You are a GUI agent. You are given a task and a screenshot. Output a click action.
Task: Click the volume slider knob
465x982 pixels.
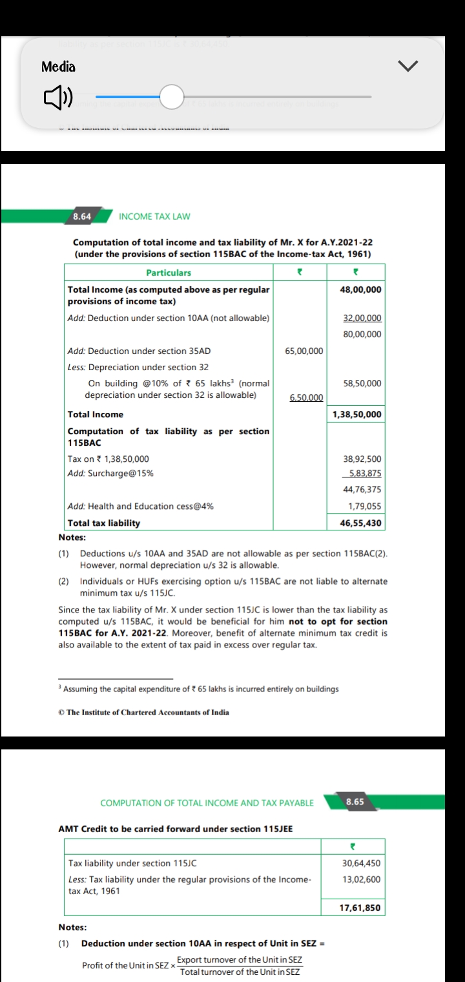pos(171,98)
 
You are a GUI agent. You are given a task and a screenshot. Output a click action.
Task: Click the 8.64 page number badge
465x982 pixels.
pos(82,216)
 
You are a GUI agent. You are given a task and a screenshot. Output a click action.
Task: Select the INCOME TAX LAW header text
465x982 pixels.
pos(155,216)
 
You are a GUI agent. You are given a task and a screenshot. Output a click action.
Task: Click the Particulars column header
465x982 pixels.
pos(169,273)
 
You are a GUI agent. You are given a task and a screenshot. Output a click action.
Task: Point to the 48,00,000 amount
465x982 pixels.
pos(360,289)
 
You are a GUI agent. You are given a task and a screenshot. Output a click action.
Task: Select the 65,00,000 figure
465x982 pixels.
pos(304,351)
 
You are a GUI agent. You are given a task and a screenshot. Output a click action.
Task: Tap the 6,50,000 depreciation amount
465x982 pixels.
pos(305,397)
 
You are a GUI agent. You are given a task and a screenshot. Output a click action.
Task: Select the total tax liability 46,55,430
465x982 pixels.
pos(360,523)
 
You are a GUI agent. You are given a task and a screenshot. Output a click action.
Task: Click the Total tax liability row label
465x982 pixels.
pos(104,523)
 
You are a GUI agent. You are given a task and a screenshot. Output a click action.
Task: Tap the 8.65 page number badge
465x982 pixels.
pos(355,802)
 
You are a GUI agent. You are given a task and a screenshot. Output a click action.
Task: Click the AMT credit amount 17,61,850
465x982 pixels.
pos(360,908)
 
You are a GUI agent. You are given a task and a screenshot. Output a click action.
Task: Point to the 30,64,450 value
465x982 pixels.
pos(361,863)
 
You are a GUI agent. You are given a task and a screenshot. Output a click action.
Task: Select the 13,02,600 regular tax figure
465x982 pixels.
pos(361,879)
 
